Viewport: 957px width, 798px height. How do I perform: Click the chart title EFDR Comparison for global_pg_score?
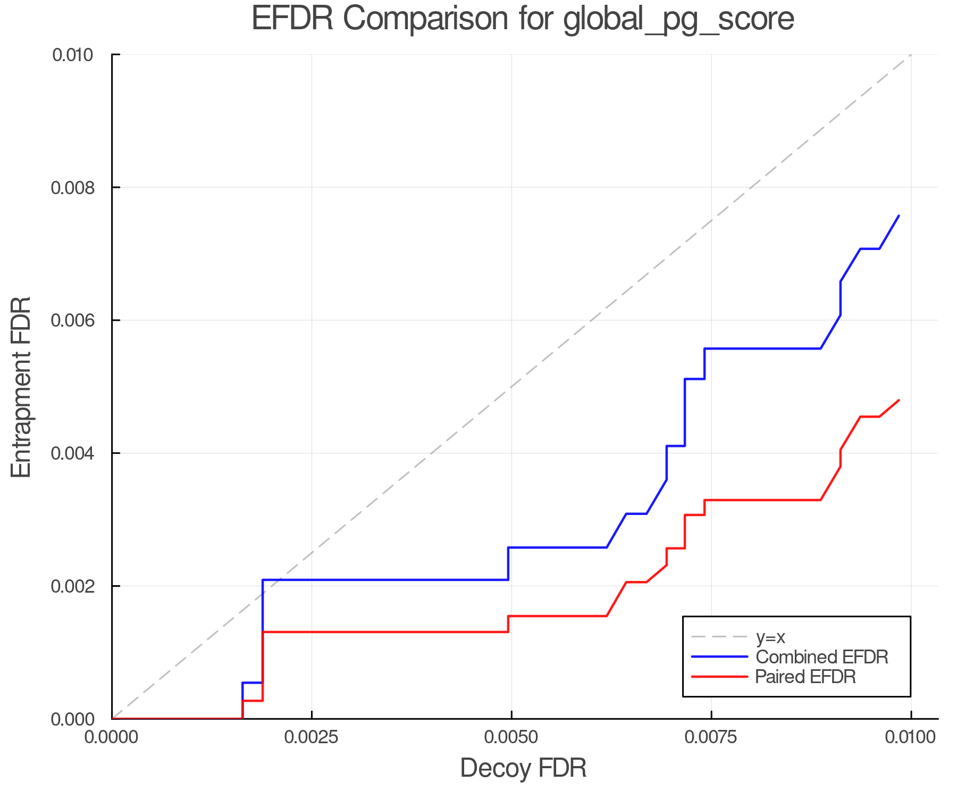click(x=523, y=19)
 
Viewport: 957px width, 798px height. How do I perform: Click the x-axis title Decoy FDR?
click(x=523, y=768)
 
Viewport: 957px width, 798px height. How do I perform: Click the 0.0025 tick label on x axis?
click(x=312, y=737)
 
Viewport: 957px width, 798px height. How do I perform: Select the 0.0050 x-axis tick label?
click(x=511, y=737)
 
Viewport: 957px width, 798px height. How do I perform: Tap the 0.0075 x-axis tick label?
click(x=711, y=737)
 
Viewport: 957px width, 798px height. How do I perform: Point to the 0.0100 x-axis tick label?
click(x=911, y=737)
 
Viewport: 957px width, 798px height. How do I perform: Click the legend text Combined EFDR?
click(x=822, y=657)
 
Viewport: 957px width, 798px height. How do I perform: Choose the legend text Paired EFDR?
click(x=805, y=677)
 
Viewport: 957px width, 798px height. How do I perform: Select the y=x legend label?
click(x=771, y=637)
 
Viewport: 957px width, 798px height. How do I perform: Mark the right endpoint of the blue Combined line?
click(x=899, y=215)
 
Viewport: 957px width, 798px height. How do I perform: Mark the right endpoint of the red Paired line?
click(x=899, y=400)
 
